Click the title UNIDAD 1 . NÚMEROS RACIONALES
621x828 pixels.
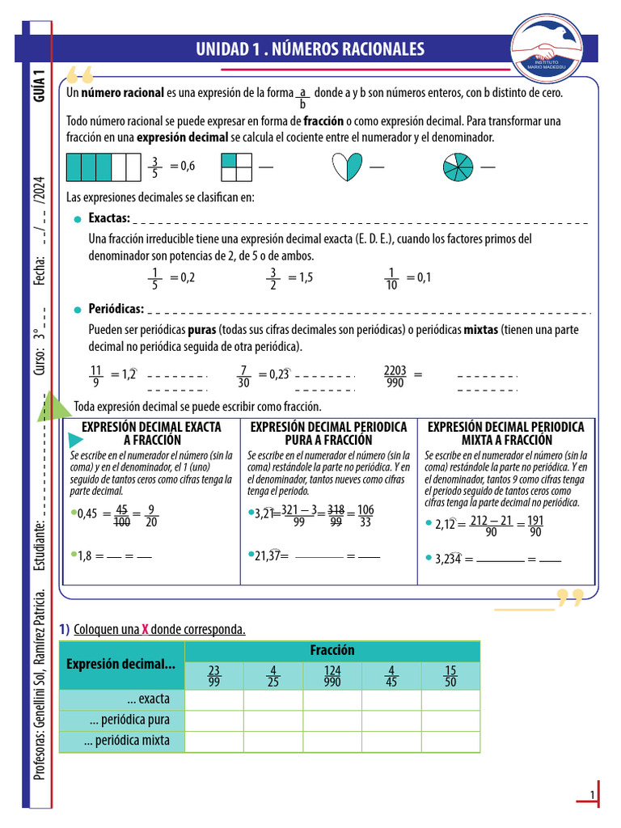pyautogui.click(x=310, y=49)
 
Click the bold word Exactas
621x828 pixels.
pyautogui.click(x=109, y=218)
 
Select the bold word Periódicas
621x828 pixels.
pyautogui.click(x=116, y=309)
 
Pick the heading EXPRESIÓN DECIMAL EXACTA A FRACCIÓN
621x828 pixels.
pyautogui.click(x=151, y=433)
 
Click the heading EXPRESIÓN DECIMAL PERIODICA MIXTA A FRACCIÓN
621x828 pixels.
pyautogui.click(x=505, y=433)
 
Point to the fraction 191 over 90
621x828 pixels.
pyautogui.click(x=535, y=526)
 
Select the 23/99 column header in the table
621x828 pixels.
pyautogui.click(x=214, y=676)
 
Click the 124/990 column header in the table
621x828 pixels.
pyautogui.click(x=332, y=676)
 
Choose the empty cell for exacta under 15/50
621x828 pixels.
pyautogui.click(x=450, y=699)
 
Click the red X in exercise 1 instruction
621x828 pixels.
pyautogui.click(x=146, y=630)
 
